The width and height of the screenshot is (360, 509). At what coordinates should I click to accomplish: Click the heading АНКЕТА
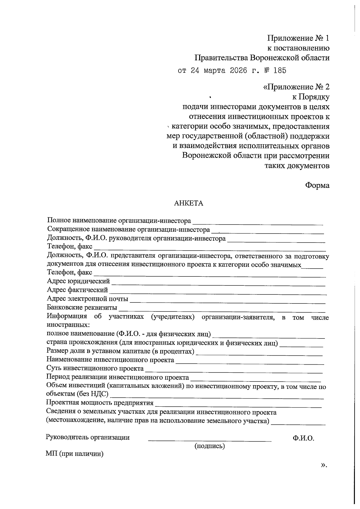[x=189, y=203]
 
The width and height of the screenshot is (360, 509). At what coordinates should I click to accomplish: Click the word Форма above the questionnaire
[x=317, y=185]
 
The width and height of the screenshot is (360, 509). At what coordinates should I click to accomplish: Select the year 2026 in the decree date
[x=239, y=71]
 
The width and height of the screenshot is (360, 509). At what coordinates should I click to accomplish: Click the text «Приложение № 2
[x=296, y=87]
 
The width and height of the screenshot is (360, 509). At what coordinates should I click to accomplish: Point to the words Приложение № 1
[x=298, y=38]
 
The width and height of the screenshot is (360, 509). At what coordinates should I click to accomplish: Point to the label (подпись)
[x=210, y=446]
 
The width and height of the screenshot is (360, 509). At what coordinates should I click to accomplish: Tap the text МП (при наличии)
[x=75, y=454]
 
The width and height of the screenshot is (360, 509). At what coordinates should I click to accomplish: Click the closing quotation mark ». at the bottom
[x=323, y=465]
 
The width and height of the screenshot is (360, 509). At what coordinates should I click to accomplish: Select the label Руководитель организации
[x=88, y=437]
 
